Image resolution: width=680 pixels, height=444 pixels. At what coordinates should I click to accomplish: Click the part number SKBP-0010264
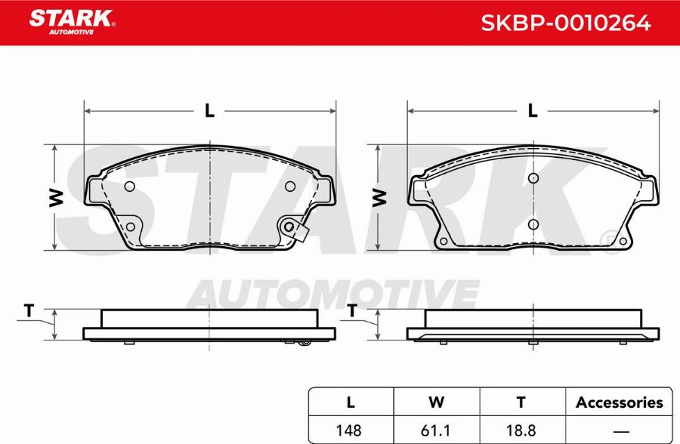click(566, 23)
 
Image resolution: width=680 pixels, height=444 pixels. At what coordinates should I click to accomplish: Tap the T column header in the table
click(521, 402)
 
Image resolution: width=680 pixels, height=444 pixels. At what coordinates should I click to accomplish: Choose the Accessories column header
click(619, 402)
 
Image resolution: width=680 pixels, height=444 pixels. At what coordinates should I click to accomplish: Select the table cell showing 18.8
click(521, 429)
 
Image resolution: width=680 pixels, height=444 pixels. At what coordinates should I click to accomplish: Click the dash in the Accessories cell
click(619, 429)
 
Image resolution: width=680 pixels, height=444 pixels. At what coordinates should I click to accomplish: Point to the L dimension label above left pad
click(209, 111)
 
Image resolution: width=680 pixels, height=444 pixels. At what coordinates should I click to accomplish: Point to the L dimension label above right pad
click(533, 111)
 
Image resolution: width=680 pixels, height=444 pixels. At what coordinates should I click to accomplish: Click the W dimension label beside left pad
click(55, 197)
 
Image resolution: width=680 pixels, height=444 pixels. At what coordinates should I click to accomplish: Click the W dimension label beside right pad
click(379, 197)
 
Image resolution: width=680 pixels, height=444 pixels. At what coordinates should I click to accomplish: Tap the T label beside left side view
click(29, 310)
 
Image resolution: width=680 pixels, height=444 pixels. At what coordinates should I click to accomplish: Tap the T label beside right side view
click(352, 310)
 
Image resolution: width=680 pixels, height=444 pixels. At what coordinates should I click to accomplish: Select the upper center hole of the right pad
click(533, 178)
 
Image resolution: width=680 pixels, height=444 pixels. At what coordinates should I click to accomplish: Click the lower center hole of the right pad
click(533, 224)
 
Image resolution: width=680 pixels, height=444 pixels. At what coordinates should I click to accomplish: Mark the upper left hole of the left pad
click(128, 187)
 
